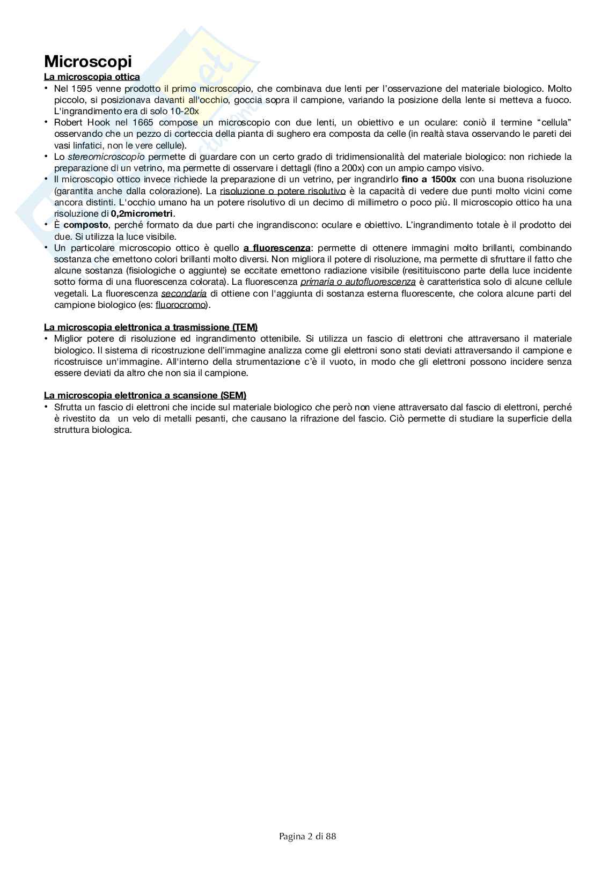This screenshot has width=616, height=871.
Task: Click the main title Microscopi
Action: (x=87, y=61)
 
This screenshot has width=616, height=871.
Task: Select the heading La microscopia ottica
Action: (x=92, y=77)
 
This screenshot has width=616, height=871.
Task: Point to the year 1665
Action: (x=143, y=123)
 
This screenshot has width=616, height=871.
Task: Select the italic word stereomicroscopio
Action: (x=106, y=157)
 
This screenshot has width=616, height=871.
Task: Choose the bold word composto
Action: (x=86, y=225)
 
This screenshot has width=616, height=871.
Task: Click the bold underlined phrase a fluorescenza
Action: (x=276, y=248)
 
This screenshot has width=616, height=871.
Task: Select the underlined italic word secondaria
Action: (x=184, y=293)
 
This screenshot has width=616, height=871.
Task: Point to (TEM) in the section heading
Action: (x=245, y=327)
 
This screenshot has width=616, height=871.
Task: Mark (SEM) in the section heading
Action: (x=233, y=395)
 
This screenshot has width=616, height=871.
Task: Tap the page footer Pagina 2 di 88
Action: (x=307, y=836)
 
